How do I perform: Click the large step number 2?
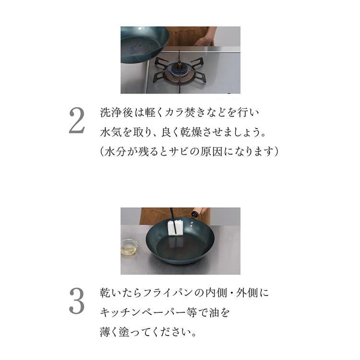[x=77, y=120]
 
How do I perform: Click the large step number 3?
[x=77, y=301]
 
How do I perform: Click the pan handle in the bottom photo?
[x=197, y=212]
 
